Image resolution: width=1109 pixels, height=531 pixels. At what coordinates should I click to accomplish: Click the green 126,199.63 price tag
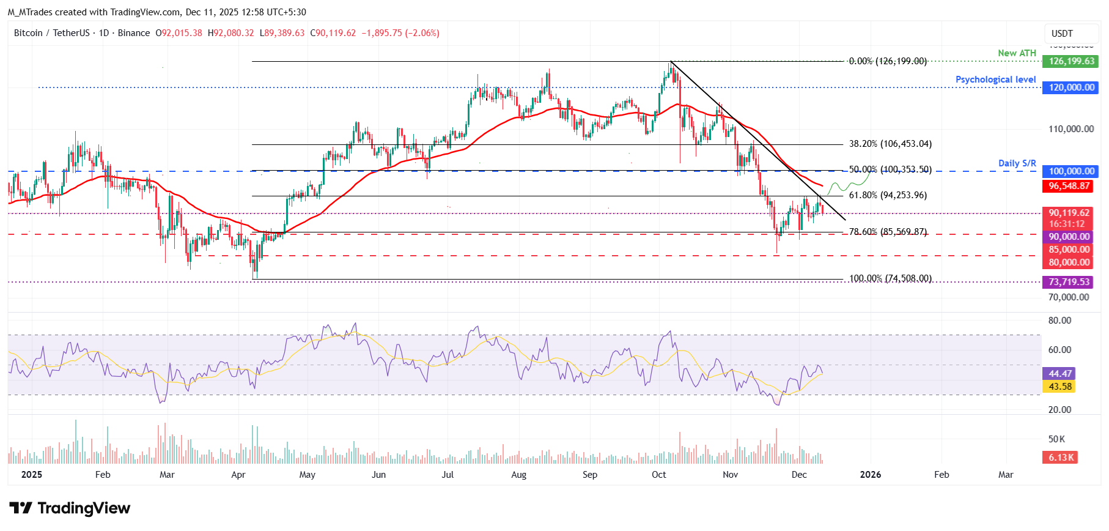point(1071,61)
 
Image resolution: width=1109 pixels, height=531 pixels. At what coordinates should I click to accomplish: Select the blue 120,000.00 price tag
point(1071,87)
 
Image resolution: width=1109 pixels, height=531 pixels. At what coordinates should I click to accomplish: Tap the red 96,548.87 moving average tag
point(1069,186)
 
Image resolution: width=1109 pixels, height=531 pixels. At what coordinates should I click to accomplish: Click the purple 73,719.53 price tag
point(1069,282)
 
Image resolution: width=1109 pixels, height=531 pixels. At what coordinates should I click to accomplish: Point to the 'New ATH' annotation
point(1017,53)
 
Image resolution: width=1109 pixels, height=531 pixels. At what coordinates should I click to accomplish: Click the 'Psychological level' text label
point(995,80)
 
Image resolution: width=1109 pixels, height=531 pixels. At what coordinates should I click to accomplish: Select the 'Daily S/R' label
point(1017,163)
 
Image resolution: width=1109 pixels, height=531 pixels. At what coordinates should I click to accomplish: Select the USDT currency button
point(1062,34)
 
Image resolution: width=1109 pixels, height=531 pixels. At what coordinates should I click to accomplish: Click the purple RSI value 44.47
point(1060,373)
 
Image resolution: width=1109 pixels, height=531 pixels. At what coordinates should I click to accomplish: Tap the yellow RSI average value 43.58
point(1060,387)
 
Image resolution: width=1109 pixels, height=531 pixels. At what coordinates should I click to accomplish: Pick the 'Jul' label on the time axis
point(448,475)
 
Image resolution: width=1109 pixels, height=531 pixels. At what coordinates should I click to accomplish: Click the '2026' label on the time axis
point(870,475)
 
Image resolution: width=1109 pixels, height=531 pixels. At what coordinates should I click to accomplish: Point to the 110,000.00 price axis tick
point(1070,129)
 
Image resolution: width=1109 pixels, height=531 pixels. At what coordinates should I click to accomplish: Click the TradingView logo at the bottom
point(70,508)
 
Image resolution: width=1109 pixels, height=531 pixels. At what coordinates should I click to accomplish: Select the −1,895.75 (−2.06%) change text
point(400,33)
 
